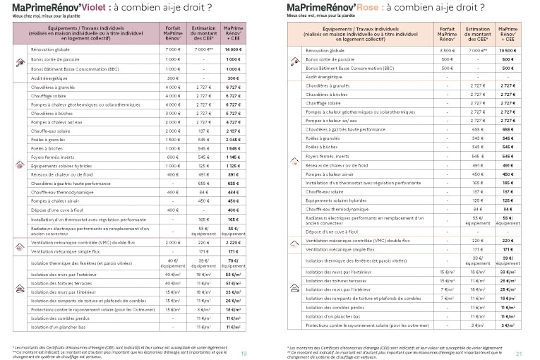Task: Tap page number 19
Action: pos(244,354)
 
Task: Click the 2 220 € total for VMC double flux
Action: pos(233,242)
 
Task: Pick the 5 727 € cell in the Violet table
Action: pos(233,114)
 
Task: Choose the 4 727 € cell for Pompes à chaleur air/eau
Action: pos(233,122)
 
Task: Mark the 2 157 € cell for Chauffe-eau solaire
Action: pos(233,131)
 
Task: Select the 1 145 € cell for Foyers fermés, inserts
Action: pos(233,157)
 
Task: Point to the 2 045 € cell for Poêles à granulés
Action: pos(233,140)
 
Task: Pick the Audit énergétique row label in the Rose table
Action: pos(323,76)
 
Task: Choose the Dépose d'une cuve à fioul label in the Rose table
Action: pos(329,232)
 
